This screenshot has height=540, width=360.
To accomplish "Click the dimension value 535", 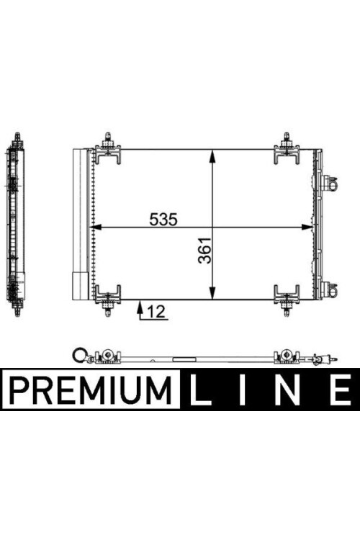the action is tap(163, 219).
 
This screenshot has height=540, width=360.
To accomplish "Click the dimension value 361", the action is tap(204, 251).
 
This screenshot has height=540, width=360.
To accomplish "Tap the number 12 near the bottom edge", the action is tap(156, 312).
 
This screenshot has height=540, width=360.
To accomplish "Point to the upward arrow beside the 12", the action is tap(140, 310).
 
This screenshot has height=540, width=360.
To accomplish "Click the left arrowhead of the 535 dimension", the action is tap(96, 227).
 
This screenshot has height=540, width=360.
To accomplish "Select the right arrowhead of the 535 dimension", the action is tap(307, 227).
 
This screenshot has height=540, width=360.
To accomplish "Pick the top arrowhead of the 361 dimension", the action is tap(212, 156).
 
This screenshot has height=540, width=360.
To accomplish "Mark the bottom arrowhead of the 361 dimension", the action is tap(212, 293).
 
